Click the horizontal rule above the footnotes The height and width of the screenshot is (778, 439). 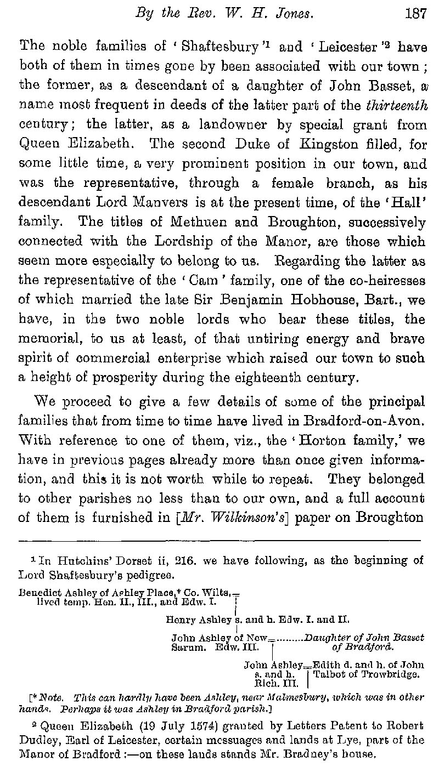(219, 541)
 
